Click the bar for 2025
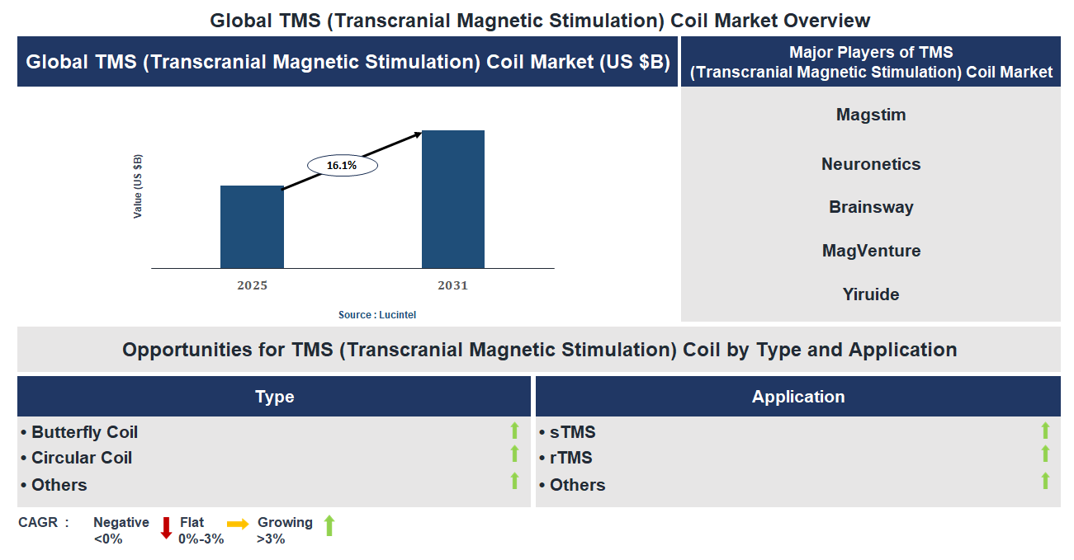pos(252,227)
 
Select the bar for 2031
pos(452,199)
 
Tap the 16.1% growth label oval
pos(342,166)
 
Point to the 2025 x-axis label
pos(252,285)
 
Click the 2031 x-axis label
pos(452,285)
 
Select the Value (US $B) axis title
pos(138,186)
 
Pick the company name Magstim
pos(871,115)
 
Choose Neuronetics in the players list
pos(871,164)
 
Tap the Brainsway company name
pos(871,207)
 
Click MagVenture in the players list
pos(871,251)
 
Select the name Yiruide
pos(871,294)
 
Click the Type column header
pos(274,397)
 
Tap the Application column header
pos(797,397)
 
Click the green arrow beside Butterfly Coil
pos(514,431)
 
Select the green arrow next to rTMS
pos(1045,454)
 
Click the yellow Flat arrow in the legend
pos(238,524)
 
